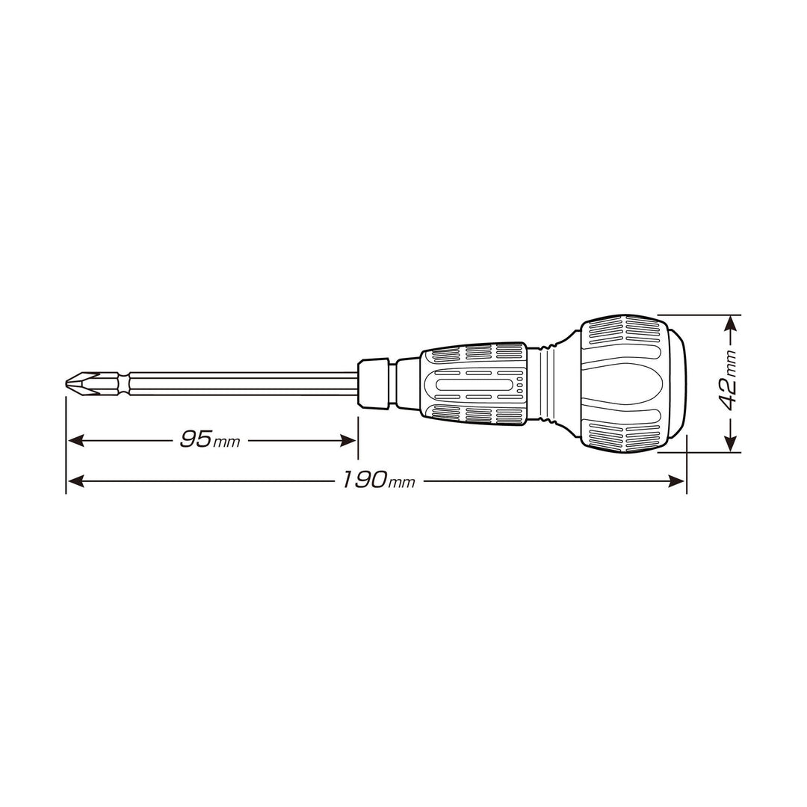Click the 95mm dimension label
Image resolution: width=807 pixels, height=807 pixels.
point(210,439)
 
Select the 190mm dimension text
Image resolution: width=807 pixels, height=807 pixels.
point(379,480)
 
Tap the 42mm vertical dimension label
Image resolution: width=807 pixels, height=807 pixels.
point(729,380)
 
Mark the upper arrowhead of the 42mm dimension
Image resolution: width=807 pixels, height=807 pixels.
point(730,324)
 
